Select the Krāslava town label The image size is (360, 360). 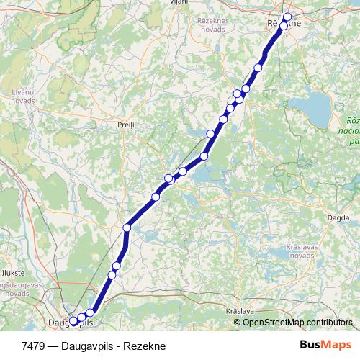click(x=240, y=310)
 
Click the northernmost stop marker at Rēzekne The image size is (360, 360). click(x=288, y=17)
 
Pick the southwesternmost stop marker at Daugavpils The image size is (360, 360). click(x=73, y=321)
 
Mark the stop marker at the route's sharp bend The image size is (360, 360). click(x=127, y=228)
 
